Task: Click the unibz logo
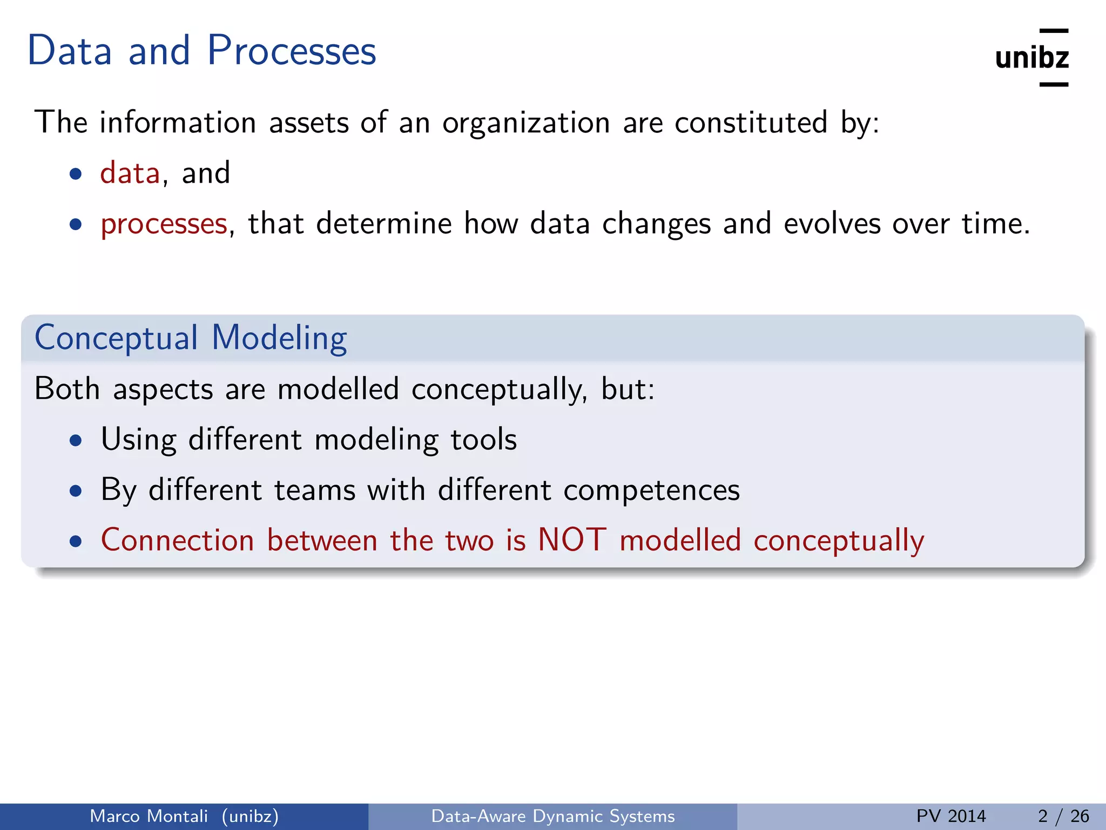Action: click(x=1031, y=58)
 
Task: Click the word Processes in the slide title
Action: click(x=292, y=51)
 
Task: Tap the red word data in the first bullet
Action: click(x=130, y=173)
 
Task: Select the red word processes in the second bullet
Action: click(x=164, y=224)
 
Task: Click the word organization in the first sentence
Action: click(x=526, y=123)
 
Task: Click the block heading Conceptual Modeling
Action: click(x=191, y=338)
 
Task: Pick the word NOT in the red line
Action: click(x=572, y=540)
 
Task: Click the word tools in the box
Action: click(x=483, y=439)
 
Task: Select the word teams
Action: click(x=314, y=490)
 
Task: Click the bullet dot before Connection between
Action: click(x=76, y=541)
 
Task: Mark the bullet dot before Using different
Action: click(x=76, y=440)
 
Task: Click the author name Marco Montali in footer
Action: click(x=149, y=816)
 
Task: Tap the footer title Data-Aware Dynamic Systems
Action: click(x=553, y=816)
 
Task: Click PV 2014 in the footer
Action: click(x=951, y=816)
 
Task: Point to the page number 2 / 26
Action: click(x=1063, y=816)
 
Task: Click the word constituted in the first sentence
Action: click(x=751, y=122)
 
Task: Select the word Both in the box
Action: click(x=67, y=389)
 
